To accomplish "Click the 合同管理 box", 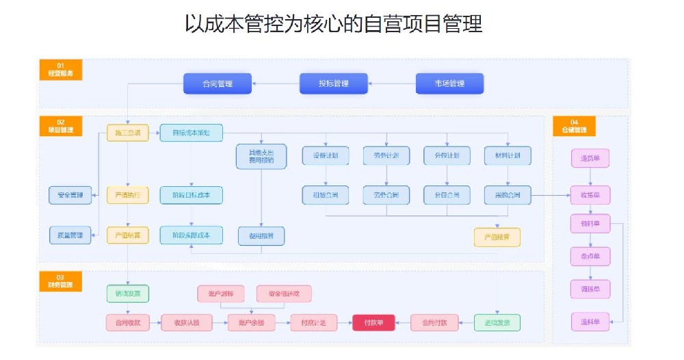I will point(218,83).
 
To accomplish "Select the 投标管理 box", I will point(333,83).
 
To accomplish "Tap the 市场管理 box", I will point(449,83).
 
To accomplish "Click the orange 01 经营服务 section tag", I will point(60,69).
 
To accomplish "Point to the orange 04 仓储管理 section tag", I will point(574,126).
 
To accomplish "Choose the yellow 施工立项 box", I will point(127,133).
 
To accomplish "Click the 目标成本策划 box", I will point(192,133).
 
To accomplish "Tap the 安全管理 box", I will point(70,195).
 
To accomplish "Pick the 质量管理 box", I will point(70,235).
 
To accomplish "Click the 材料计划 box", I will point(507,156).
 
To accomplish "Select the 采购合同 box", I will point(507,195).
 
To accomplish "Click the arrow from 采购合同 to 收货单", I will point(551,195).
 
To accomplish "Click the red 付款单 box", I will point(373,322).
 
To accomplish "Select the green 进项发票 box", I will point(497,322).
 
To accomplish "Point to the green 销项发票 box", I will point(127,294).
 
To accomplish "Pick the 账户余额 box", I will point(251,322).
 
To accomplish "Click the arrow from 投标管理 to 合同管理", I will point(276,83).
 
